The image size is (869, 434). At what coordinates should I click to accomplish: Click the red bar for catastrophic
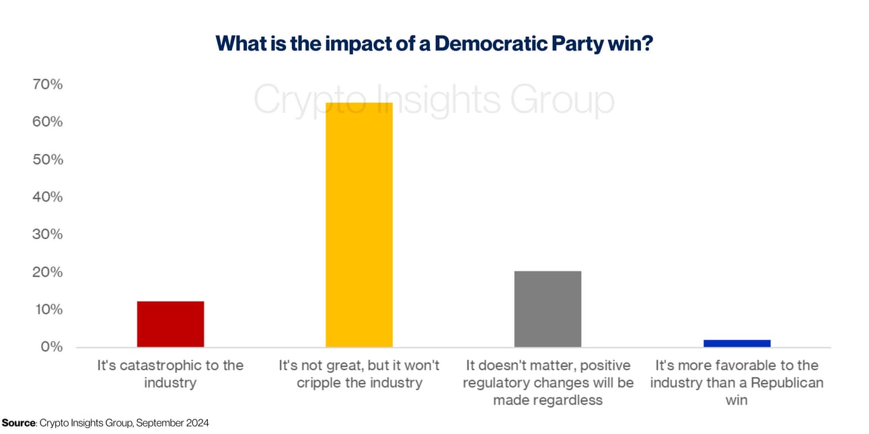(x=170, y=324)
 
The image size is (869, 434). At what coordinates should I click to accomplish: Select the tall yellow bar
(x=359, y=225)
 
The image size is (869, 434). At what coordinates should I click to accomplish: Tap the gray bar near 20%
(x=547, y=309)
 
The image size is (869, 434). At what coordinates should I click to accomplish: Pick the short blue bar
(x=736, y=343)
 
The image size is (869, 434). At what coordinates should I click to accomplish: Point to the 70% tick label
(x=47, y=85)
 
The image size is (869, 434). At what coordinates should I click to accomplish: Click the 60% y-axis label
(x=47, y=122)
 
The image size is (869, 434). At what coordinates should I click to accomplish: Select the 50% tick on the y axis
(x=47, y=160)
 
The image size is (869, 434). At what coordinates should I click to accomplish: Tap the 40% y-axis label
(x=47, y=198)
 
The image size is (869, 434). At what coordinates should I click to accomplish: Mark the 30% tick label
(x=47, y=234)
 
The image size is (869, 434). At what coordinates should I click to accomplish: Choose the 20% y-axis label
(x=47, y=272)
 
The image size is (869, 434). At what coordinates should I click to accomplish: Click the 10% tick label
(x=47, y=310)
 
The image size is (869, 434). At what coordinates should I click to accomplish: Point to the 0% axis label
(x=50, y=347)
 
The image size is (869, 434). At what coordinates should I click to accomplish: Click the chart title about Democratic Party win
(x=434, y=44)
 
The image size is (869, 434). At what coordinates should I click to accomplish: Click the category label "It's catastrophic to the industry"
(x=170, y=374)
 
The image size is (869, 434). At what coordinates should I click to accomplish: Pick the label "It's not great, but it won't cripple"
(x=359, y=374)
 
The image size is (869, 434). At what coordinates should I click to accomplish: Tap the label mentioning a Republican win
(x=736, y=383)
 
